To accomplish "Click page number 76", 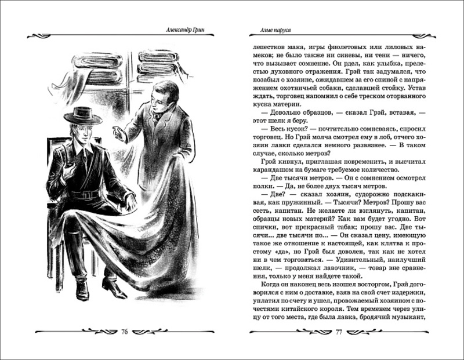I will (x=125, y=332).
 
